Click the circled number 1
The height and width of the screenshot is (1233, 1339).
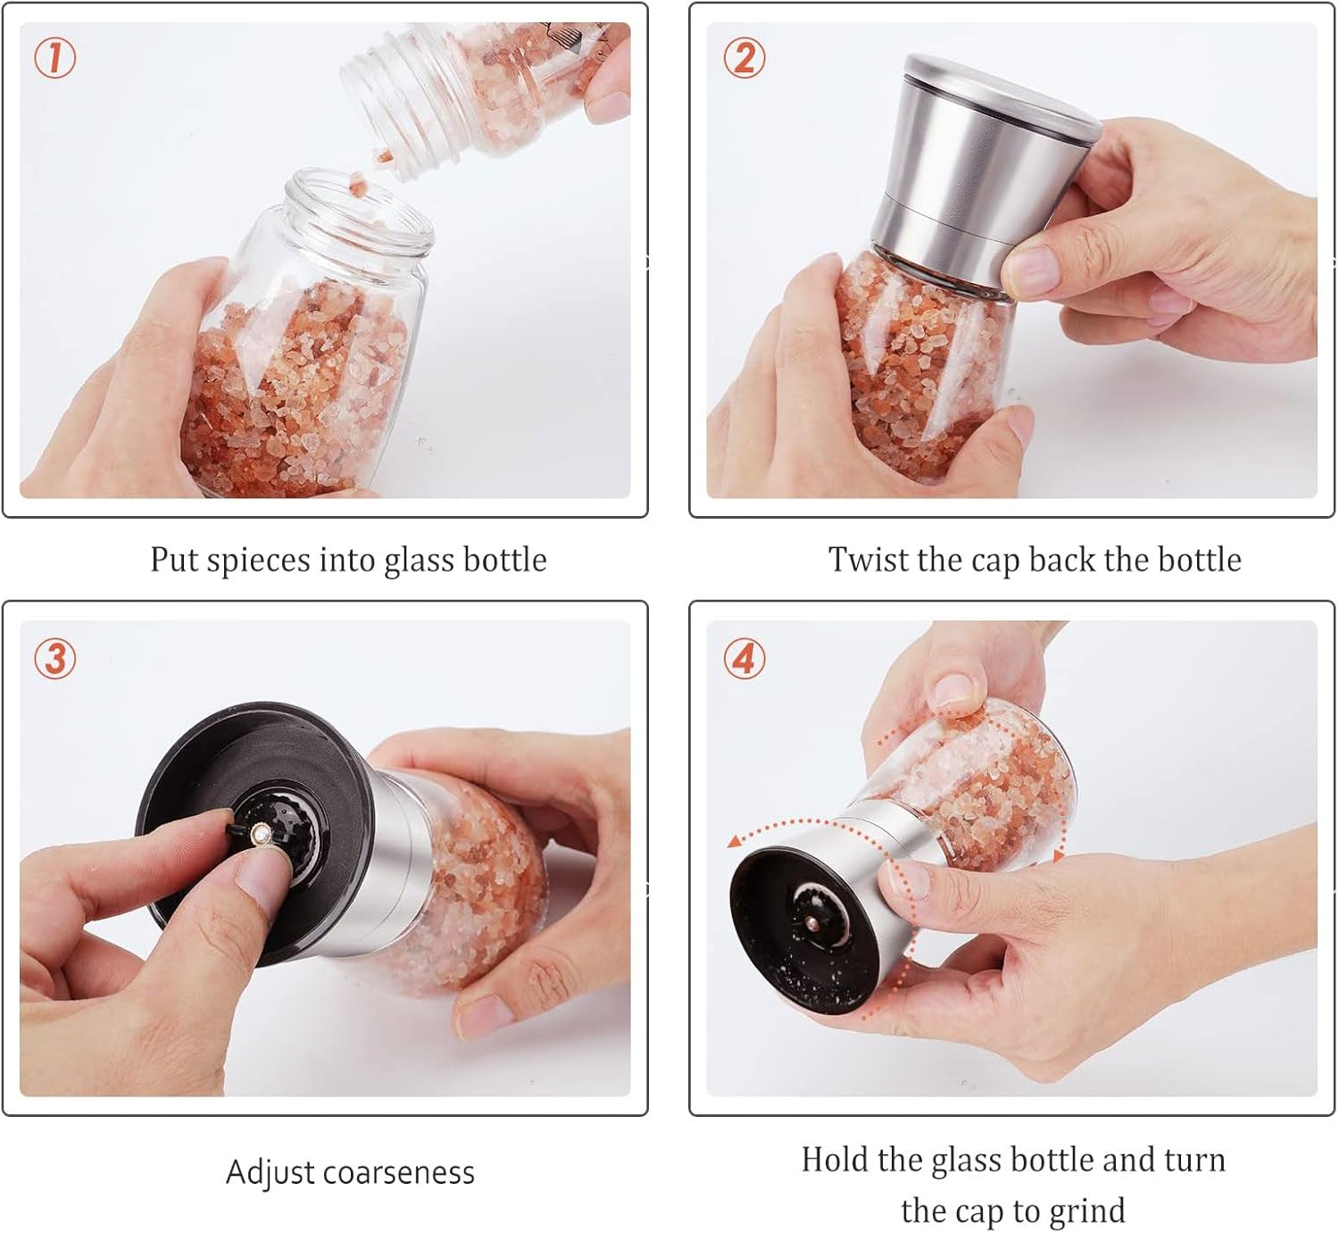point(54,57)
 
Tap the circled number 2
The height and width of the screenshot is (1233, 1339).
point(744,57)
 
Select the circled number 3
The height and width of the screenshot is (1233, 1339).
point(54,659)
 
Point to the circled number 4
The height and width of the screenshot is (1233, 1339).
point(744,659)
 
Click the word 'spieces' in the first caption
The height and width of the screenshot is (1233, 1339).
point(258,561)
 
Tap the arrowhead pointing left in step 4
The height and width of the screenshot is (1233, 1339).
point(735,842)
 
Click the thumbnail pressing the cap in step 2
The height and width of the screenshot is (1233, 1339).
point(1034,270)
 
